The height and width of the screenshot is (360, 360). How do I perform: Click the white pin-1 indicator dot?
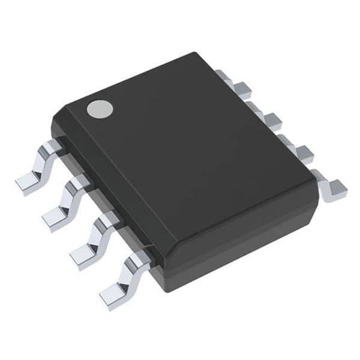(100, 109)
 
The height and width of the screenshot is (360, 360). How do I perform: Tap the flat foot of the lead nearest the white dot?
(28, 182)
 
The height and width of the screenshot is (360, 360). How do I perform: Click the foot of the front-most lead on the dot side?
(113, 295)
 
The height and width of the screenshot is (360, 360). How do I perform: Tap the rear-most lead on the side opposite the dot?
(227, 80)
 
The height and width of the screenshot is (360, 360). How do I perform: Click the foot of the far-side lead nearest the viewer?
(334, 187)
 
